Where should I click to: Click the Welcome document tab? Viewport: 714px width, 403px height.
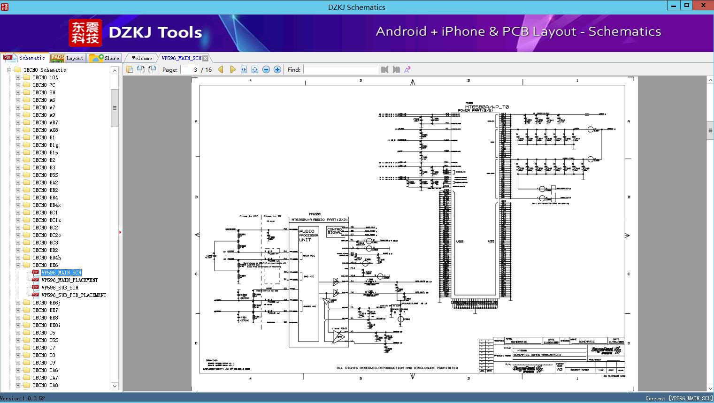click(x=142, y=58)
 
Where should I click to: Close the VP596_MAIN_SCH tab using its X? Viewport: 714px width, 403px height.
click(x=206, y=59)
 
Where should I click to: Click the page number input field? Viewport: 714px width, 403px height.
click(x=190, y=69)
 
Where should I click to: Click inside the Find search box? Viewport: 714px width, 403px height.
click(x=340, y=69)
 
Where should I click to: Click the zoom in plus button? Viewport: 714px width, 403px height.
click(x=277, y=69)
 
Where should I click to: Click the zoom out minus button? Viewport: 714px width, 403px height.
click(x=266, y=69)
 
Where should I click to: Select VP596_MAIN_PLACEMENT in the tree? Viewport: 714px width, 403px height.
click(x=69, y=280)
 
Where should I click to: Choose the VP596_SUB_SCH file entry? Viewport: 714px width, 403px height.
click(x=60, y=288)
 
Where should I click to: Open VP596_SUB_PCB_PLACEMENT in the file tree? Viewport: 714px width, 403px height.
click(x=74, y=295)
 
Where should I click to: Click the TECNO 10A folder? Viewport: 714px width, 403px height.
click(x=45, y=77)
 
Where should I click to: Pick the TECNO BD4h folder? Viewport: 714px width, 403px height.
click(x=46, y=258)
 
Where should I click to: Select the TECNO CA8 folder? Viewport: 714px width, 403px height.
click(x=45, y=385)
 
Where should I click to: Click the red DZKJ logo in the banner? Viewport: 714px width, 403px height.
click(x=85, y=33)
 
